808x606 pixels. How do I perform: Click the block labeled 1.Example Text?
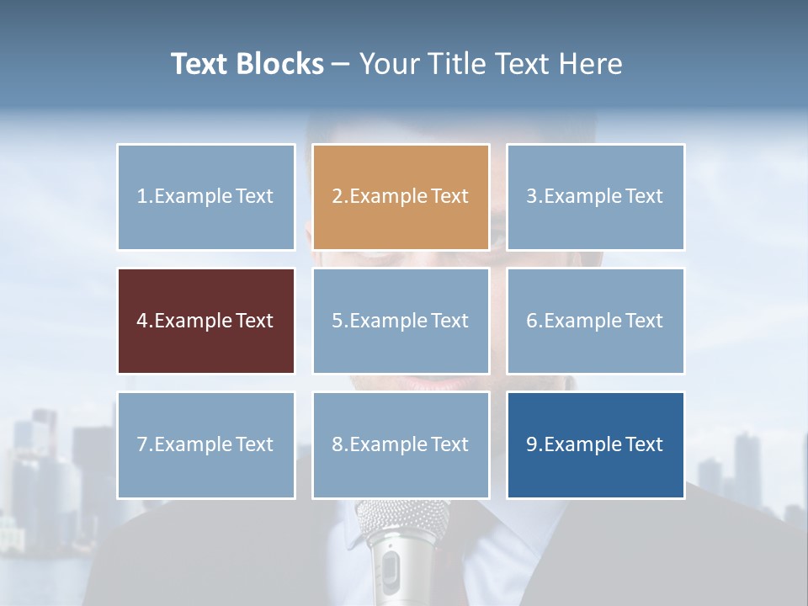[x=206, y=197]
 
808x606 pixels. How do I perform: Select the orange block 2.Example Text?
[x=401, y=197]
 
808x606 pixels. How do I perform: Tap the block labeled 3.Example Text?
[x=595, y=197]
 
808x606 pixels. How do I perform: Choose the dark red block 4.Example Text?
[x=206, y=321]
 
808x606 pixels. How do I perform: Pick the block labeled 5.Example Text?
[x=401, y=321]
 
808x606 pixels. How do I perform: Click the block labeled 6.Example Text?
[x=595, y=321]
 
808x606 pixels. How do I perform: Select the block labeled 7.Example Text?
[x=206, y=444]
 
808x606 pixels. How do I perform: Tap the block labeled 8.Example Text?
[x=401, y=444]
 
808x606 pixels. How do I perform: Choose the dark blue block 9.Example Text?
[x=595, y=444]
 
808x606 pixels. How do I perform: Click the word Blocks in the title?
[x=279, y=64]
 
